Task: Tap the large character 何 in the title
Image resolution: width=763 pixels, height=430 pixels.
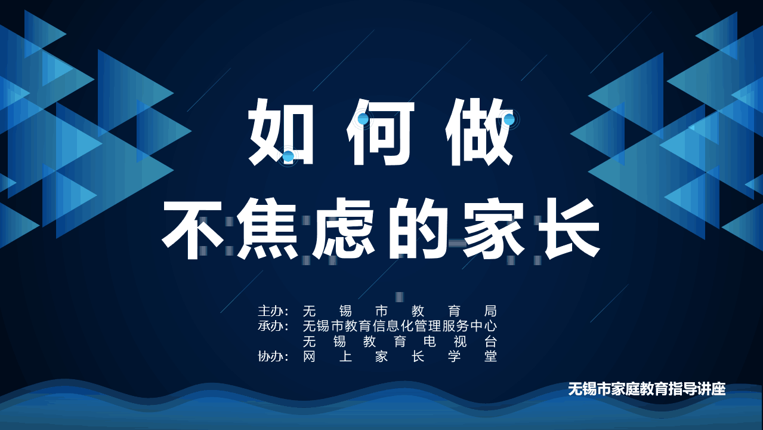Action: pyautogui.click(x=381, y=133)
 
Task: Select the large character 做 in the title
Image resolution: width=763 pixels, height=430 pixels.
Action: pyautogui.click(x=479, y=133)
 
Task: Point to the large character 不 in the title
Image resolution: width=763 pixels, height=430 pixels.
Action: pyautogui.click(x=193, y=229)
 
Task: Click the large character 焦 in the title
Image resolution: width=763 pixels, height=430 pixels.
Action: pyautogui.click(x=268, y=229)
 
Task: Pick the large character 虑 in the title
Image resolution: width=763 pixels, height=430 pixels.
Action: pyautogui.click(x=344, y=229)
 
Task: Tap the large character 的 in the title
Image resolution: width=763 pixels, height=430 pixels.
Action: pyautogui.click(x=418, y=229)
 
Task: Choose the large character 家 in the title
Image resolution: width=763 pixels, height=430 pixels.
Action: pyautogui.click(x=493, y=229)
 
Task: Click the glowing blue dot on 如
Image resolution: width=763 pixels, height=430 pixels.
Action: pyautogui.click(x=288, y=156)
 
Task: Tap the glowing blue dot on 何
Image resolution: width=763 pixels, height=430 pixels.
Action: pyautogui.click(x=363, y=119)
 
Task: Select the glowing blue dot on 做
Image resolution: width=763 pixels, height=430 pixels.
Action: pyautogui.click(x=509, y=119)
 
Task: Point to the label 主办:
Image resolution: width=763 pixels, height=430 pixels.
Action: pyautogui.click(x=273, y=311)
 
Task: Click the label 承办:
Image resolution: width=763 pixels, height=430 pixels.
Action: pyautogui.click(x=273, y=326)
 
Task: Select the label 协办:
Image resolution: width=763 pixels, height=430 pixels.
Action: pyautogui.click(x=273, y=357)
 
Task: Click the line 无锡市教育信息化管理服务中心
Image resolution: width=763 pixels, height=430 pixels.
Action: pyautogui.click(x=400, y=326)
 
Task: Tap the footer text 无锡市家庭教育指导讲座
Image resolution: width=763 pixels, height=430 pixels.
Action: pyautogui.click(x=647, y=389)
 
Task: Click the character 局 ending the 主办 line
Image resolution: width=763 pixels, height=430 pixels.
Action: pyautogui.click(x=490, y=311)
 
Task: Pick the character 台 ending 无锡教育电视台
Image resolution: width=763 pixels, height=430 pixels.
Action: pyautogui.click(x=490, y=342)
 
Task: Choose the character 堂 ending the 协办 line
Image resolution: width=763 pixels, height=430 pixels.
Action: pyautogui.click(x=490, y=357)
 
